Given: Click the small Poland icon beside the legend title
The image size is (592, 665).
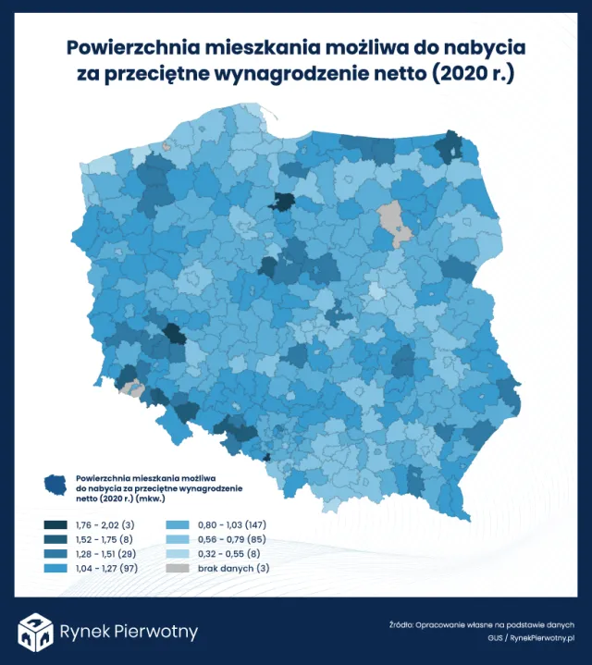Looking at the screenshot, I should (57, 484).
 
